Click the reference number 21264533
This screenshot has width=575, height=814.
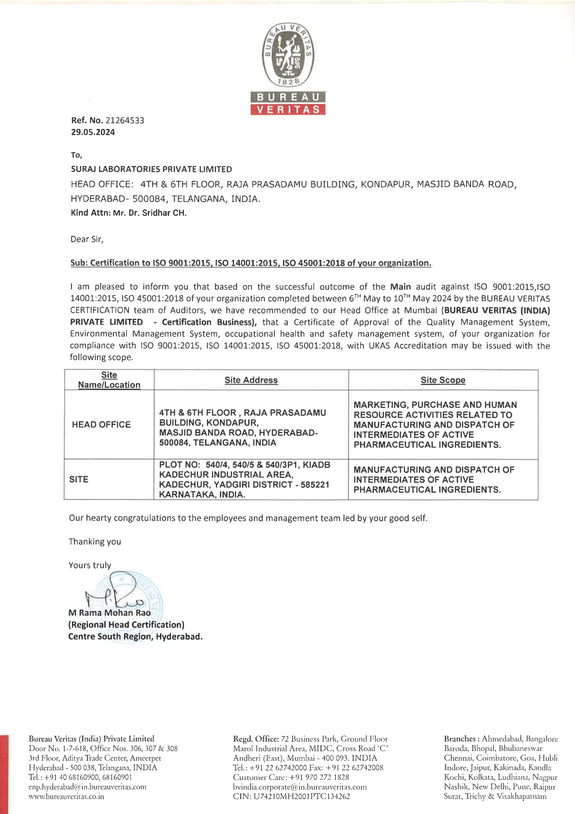point(125,120)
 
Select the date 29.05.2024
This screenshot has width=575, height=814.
point(93,132)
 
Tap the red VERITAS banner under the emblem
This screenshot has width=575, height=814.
point(287,110)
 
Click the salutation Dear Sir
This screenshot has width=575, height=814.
point(87,239)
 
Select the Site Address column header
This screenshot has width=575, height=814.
point(251,380)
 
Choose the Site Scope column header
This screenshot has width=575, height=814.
point(443,380)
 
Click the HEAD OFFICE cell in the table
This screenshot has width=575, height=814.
point(101,424)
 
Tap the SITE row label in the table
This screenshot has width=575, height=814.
point(79,479)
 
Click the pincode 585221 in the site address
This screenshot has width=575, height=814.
point(315,485)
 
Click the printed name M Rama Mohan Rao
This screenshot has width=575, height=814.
point(110,613)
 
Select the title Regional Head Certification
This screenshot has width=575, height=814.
point(127,625)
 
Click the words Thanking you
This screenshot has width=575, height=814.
point(95,542)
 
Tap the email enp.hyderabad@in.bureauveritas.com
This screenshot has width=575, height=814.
point(88,787)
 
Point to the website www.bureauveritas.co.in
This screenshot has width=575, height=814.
point(66,796)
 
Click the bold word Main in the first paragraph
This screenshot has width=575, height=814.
point(400,287)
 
